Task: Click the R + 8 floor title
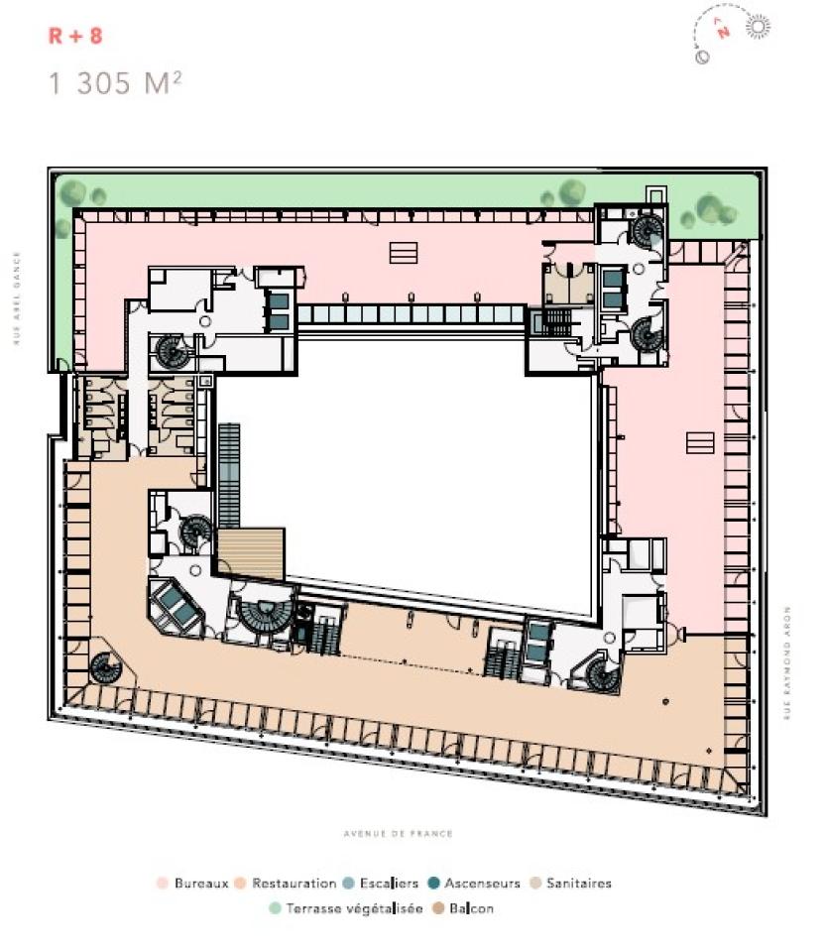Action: coord(75,37)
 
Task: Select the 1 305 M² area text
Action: coord(115,83)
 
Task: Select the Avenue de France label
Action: coord(399,834)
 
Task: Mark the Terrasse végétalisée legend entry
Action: coord(346,907)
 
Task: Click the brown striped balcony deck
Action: coord(251,553)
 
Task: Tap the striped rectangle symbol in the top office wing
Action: coord(404,253)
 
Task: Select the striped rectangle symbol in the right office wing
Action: coord(700,442)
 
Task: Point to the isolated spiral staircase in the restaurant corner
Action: coord(103,668)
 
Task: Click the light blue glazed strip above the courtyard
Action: coord(411,315)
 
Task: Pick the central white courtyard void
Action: coord(407,466)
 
